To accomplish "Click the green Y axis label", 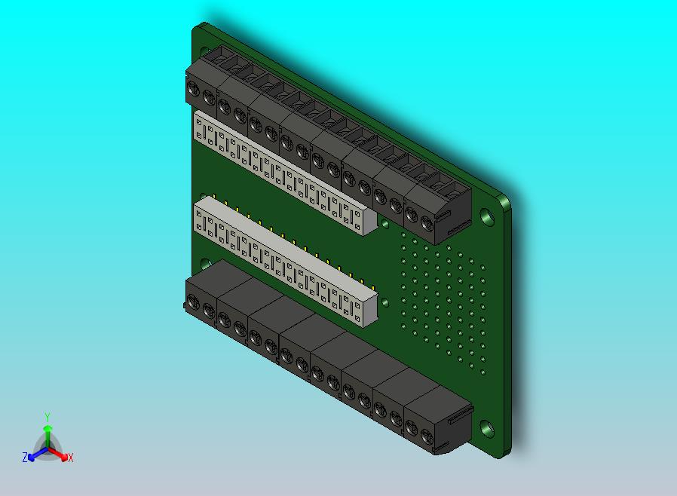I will tap(47, 416).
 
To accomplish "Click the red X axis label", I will tap(70, 458).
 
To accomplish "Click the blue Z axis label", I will tap(24, 457).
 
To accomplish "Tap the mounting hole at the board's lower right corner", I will tap(486, 429).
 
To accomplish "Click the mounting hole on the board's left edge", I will tap(205, 264).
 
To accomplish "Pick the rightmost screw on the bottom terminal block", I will tap(427, 435).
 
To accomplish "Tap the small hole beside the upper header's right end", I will tap(385, 224).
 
